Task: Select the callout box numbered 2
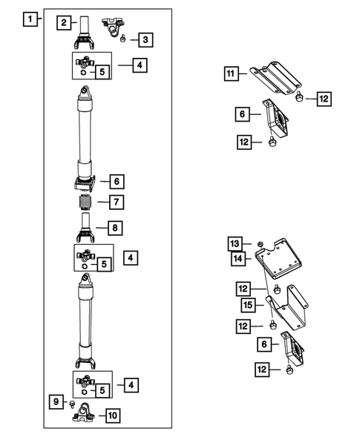pyautogui.click(x=65, y=23)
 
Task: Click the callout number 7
pyautogui.click(x=117, y=202)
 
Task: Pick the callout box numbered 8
pyautogui.click(x=117, y=228)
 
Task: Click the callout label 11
pyautogui.click(x=232, y=73)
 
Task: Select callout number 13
pyautogui.click(x=235, y=244)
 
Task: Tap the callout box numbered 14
pyautogui.click(x=237, y=258)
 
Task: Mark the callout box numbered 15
pyautogui.click(x=249, y=305)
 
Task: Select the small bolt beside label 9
pyautogui.click(x=71, y=403)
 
